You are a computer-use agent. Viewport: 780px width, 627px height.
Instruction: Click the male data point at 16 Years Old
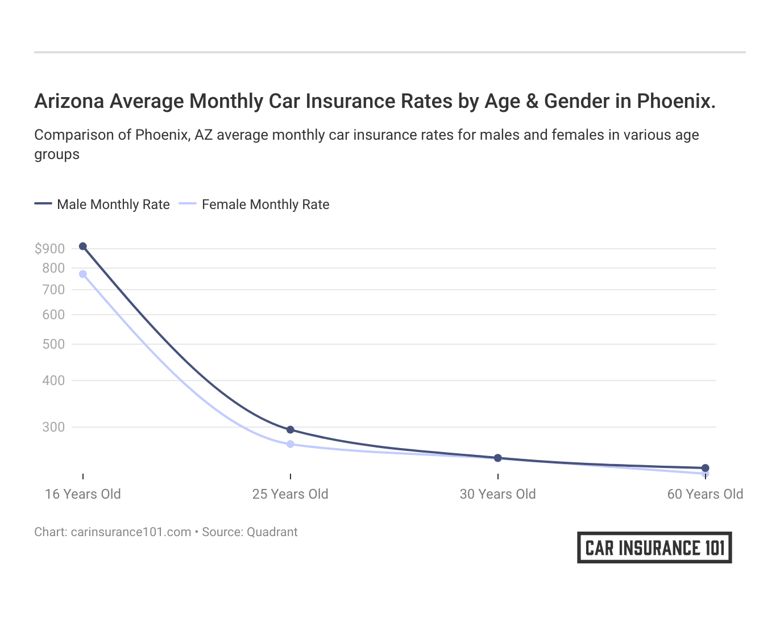[83, 246]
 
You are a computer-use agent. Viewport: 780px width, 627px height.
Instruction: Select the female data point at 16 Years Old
[83, 274]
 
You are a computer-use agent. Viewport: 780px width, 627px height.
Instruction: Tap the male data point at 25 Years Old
[291, 430]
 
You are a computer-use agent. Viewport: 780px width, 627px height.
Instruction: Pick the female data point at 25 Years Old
[291, 444]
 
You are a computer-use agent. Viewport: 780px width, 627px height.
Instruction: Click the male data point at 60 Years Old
[706, 468]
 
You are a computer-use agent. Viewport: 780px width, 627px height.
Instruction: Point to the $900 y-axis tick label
[49, 249]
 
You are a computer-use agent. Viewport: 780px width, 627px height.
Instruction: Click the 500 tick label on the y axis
[53, 344]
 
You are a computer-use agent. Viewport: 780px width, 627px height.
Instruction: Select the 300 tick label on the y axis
[53, 427]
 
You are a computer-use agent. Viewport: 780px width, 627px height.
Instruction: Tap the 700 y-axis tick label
[53, 290]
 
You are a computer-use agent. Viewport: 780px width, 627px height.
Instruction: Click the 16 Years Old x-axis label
[83, 494]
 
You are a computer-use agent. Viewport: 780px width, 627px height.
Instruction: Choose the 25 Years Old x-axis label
[291, 494]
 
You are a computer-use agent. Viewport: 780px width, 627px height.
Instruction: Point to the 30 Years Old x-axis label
[498, 494]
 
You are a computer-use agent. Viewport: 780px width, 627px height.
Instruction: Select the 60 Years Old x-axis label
[705, 494]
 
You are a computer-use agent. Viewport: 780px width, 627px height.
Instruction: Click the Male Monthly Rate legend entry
[113, 204]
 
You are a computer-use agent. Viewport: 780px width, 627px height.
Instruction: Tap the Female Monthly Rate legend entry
[265, 204]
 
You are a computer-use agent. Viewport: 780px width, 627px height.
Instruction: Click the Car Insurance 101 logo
[654, 547]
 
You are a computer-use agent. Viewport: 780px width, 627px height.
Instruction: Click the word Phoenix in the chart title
[675, 101]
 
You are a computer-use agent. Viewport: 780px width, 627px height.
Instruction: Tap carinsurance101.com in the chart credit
[131, 532]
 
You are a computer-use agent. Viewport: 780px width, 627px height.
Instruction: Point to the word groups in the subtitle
[57, 154]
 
